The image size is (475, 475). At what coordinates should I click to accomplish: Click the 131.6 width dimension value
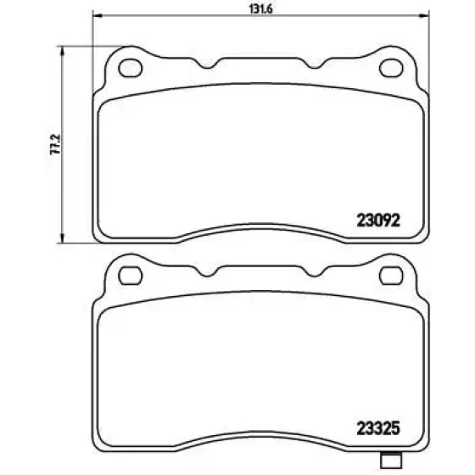click(x=261, y=9)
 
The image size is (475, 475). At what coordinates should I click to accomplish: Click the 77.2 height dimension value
click(x=55, y=144)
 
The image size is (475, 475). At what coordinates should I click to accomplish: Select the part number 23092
click(x=378, y=221)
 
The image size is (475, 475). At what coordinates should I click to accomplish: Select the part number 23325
click(x=378, y=428)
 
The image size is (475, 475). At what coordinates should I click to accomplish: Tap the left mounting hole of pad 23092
click(x=131, y=68)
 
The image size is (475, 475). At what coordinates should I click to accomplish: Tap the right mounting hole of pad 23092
click(x=391, y=68)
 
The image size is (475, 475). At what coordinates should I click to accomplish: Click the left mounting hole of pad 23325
click(x=131, y=276)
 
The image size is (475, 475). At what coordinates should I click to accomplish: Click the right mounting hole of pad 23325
click(x=391, y=276)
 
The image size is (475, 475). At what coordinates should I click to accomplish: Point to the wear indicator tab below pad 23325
click(x=390, y=459)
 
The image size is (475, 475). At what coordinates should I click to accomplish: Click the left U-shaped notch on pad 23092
click(x=208, y=64)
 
